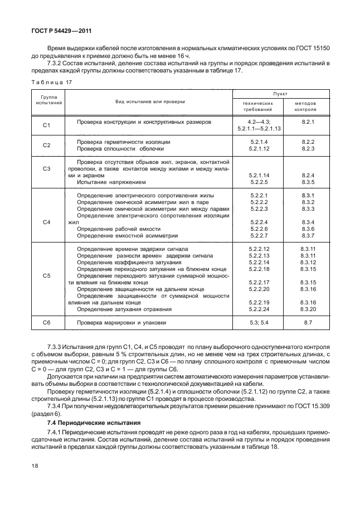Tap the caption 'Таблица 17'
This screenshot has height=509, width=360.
[50, 82]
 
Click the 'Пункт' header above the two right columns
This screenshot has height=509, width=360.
[280, 95]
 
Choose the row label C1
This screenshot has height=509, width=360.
[47, 124]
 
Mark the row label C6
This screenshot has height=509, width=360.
[47, 323]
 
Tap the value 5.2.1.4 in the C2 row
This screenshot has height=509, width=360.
[259, 142]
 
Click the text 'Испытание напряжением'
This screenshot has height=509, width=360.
[111, 182]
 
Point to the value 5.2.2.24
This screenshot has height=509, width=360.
[259, 308]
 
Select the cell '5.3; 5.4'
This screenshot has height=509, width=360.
[259, 322]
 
